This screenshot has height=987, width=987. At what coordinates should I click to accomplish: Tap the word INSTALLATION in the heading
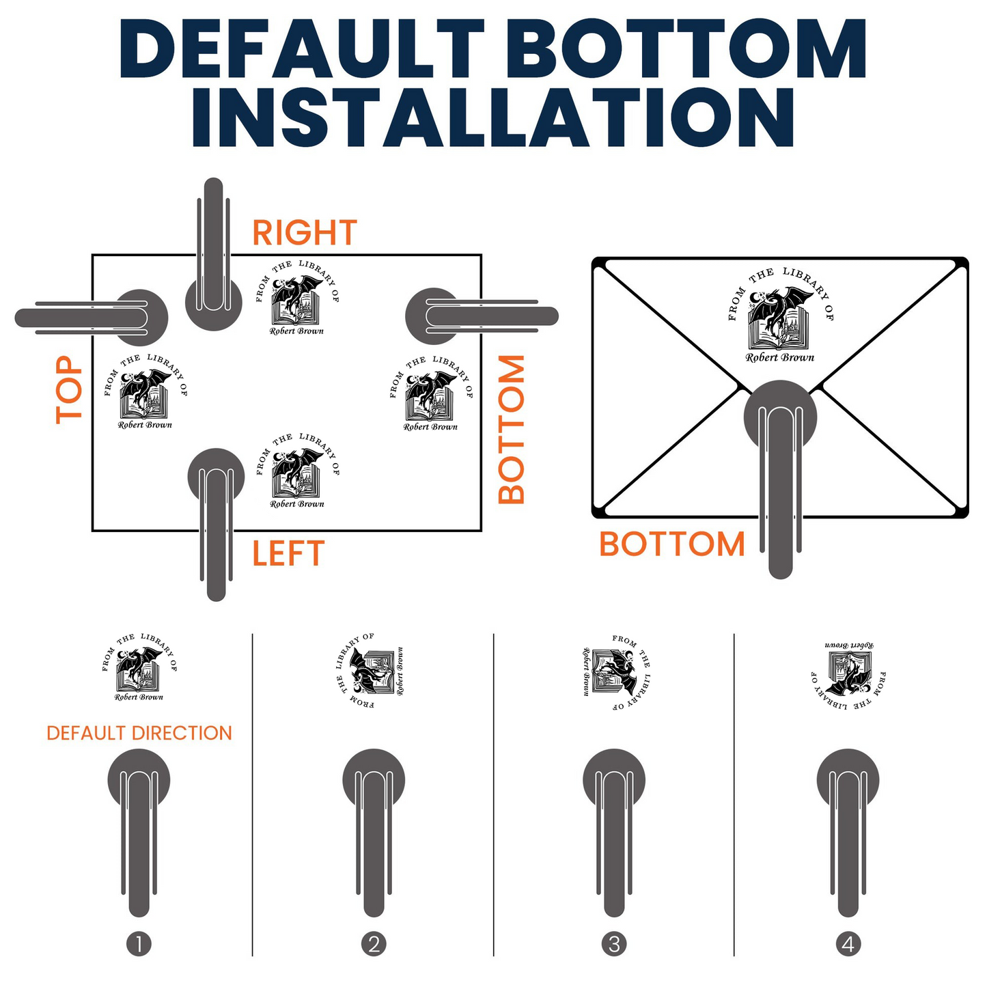coord(493,117)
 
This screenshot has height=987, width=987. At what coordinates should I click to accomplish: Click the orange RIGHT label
coord(305,232)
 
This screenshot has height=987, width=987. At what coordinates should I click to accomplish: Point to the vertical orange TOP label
coord(68,390)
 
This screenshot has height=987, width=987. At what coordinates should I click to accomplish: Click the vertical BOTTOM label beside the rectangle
coord(511,429)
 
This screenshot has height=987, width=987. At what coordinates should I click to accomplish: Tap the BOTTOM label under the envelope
coord(672,544)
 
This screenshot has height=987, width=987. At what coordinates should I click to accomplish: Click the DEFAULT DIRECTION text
coord(139,733)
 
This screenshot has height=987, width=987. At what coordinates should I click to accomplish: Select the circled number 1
coord(139,944)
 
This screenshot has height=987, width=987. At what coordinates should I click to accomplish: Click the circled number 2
coord(374,944)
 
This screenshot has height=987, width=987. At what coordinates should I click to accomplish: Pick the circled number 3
coord(614,944)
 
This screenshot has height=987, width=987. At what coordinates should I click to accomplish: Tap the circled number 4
coord(848,944)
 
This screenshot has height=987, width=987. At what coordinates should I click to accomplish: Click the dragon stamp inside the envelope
coord(781,315)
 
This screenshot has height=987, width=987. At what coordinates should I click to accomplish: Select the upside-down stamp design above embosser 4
coord(849,675)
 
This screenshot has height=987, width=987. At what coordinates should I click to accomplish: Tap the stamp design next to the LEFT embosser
coord(298,471)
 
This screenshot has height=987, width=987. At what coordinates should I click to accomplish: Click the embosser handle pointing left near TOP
coord(91,318)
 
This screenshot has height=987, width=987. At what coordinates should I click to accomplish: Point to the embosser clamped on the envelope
coord(780,479)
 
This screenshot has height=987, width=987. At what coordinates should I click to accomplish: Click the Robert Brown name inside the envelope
coord(780,357)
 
